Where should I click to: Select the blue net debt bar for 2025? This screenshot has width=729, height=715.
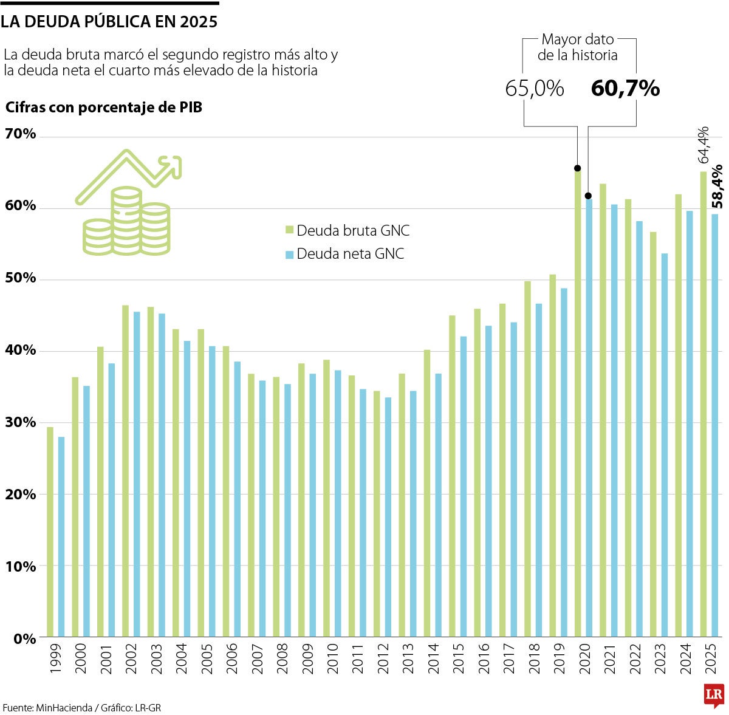point(714,425)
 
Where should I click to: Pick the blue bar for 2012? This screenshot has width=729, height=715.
point(388,516)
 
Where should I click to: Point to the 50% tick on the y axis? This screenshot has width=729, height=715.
point(21,279)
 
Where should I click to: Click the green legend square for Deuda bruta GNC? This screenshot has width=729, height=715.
point(290,230)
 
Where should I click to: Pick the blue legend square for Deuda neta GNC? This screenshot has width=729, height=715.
point(290,254)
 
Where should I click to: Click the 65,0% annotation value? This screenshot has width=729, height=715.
point(535,89)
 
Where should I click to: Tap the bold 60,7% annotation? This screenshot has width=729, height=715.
point(625,89)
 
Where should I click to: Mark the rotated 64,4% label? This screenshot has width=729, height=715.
point(703,145)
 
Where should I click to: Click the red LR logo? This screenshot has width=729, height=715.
point(714,694)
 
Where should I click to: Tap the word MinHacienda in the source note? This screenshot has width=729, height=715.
point(63,708)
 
